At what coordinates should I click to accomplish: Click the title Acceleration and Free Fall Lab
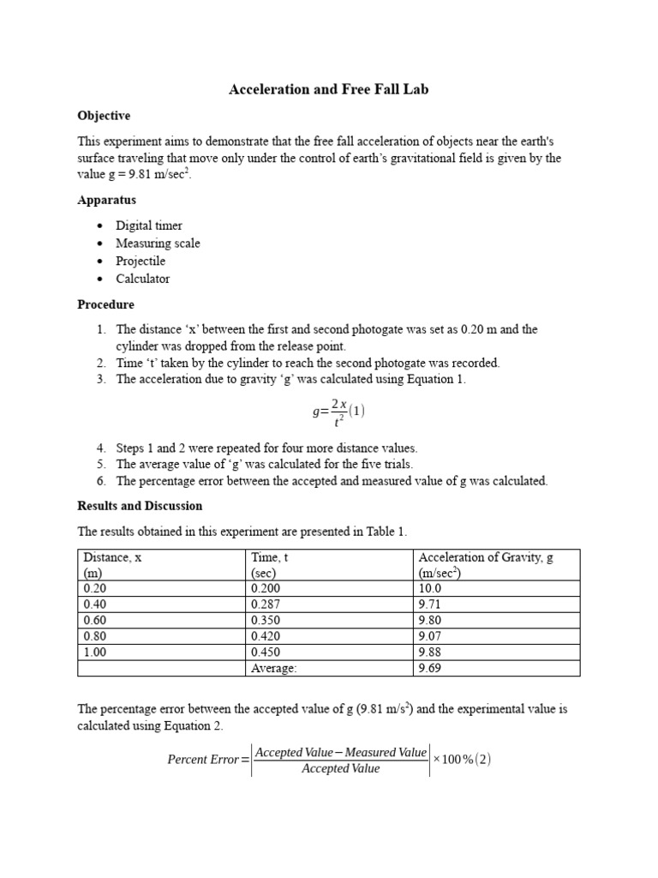(328, 89)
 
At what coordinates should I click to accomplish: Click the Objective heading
(104, 115)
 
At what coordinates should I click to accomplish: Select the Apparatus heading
(107, 200)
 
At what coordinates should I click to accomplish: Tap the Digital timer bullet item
(149, 226)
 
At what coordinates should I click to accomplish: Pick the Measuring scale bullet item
(158, 244)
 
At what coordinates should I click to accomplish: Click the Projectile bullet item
(141, 261)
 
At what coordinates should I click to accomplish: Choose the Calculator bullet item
(143, 279)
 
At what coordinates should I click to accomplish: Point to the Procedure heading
(105, 304)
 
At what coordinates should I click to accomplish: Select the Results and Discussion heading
(140, 506)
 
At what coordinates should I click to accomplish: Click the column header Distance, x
(112, 557)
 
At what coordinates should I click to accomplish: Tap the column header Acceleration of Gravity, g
(486, 557)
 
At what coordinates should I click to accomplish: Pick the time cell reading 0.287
(266, 604)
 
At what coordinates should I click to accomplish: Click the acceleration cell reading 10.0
(430, 589)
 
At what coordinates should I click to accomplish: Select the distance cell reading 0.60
(95, 621)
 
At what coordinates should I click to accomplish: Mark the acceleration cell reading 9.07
(431, 636)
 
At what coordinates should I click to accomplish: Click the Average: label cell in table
(274, 668)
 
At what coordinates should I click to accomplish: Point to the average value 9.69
(431, 668)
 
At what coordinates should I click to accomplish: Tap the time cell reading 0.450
(266, 652)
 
